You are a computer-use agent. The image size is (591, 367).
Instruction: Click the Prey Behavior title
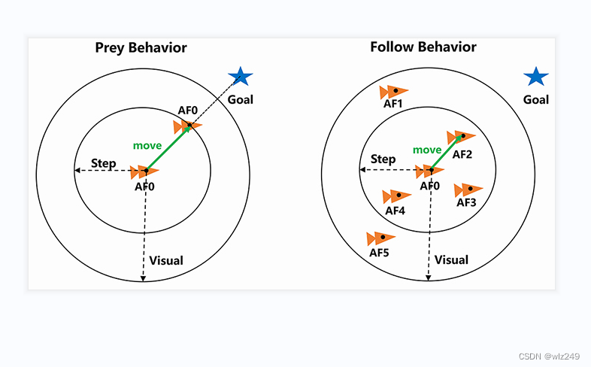pyautogui.click(x=141, y=48)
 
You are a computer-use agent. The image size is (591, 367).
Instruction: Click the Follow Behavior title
pyautogui.click(x=423, y=47)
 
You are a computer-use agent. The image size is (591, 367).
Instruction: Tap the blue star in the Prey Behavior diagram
pyautogui.click(x=241, y=77)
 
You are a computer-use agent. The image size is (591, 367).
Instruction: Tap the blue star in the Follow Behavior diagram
pyautogui.click(x=536, y=77)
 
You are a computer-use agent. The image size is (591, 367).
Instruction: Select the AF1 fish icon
pyautogui.click(x=394, y=93)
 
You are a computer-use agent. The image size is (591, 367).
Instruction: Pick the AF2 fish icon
pyautogui.click(x=461, y=137)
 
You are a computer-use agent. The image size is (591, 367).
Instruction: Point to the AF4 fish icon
pyautogui.click(x=396, y=197)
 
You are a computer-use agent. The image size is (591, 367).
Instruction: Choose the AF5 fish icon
pyautogui.click(x=380, y=239)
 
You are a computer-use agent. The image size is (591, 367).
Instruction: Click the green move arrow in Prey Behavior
pyautogui.click(x=165, y=148)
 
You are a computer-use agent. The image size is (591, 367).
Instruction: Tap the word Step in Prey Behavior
pyautogui.click(x=103, y=162)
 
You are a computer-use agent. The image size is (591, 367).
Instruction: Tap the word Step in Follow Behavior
pyautogui.click(x=383, y=159)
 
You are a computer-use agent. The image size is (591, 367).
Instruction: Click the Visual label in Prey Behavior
pyautogui.click(x=166, y=261)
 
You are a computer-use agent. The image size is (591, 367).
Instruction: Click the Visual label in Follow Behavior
pyautogui.click(x=452, y=260)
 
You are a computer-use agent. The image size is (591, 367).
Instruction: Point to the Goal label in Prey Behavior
pyautogui.click(x=241, y=99)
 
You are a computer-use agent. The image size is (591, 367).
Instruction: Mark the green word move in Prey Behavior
pyautogui.click(x=147, y=145)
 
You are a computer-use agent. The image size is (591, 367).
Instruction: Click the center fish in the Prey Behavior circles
pyautogui.click(x=144, y=172)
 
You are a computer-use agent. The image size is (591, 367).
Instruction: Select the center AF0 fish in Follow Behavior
pyautogui.click(x=429, y=171)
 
